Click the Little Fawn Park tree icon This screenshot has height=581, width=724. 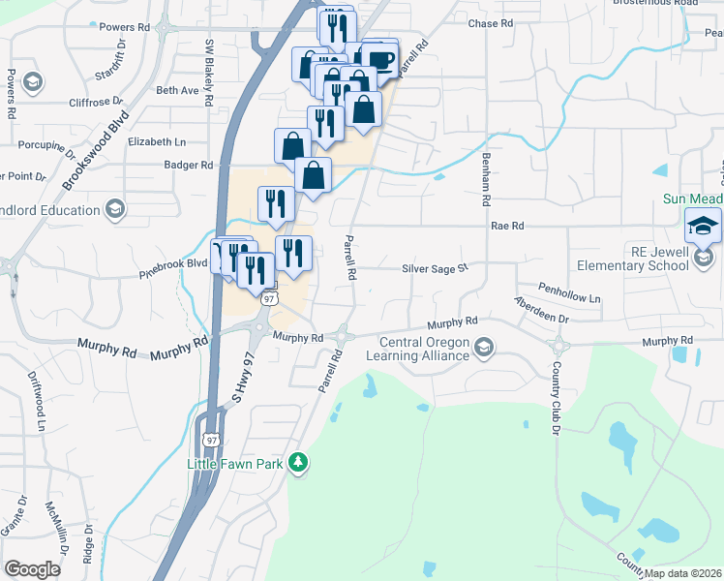pos(300,464)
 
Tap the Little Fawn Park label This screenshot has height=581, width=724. pos(234,465)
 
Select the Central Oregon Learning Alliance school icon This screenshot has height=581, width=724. pos(484,346)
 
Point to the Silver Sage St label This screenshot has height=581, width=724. pos(436,269)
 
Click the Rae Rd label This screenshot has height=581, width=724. pos(507,226)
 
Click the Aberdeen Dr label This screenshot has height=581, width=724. pos(540,311)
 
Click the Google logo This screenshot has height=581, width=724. pos(33,568)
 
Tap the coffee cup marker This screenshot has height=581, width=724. pos(380,57)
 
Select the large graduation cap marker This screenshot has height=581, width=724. pos(703,228)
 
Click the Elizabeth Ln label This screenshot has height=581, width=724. pos(155,141)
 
